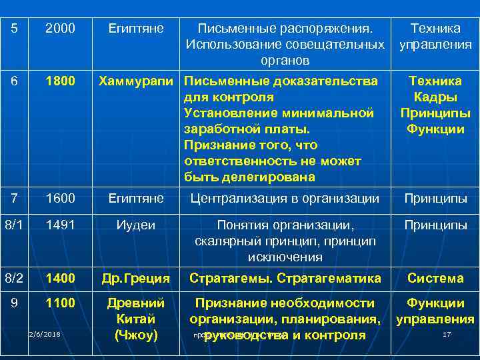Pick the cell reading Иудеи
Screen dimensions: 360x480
[x=136, y=225]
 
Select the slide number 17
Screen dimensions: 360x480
[x=447, y=334]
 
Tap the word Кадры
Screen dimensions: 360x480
[x=436, y=97]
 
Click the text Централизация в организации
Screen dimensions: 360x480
[x=285, y=198]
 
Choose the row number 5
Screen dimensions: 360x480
[x=15, y=29]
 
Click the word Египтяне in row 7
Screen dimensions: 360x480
[x=136, y=198]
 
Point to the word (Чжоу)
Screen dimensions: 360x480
[x=136, y=335]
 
